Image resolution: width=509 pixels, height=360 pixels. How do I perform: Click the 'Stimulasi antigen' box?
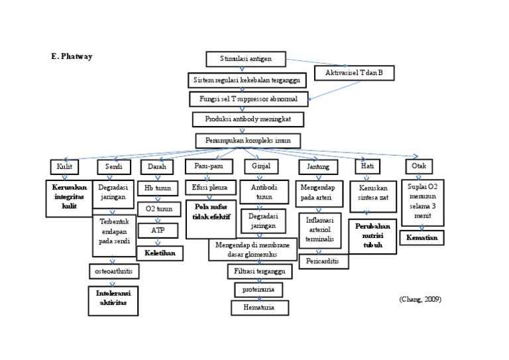247,60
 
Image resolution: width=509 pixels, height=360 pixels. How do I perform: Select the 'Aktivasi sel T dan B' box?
354,73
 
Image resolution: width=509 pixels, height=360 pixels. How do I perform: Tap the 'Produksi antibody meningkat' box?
248,119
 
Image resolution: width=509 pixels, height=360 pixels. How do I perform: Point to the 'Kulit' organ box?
64,166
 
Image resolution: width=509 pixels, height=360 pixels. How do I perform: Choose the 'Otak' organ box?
419,166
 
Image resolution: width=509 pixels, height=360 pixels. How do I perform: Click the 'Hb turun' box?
158,188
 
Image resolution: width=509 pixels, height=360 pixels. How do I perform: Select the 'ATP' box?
158,230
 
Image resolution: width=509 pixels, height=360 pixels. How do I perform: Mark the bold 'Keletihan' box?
159,253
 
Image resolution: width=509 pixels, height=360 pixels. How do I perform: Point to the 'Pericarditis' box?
323,261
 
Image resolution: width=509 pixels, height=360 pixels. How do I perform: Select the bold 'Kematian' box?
422,237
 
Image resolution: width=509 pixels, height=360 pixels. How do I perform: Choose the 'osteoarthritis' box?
113,270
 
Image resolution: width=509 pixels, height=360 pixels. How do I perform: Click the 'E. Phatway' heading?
71,57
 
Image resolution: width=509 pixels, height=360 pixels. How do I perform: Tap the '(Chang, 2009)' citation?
420,299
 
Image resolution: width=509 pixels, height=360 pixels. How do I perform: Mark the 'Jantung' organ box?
318,166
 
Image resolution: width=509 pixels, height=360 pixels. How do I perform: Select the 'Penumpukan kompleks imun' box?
248,141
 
